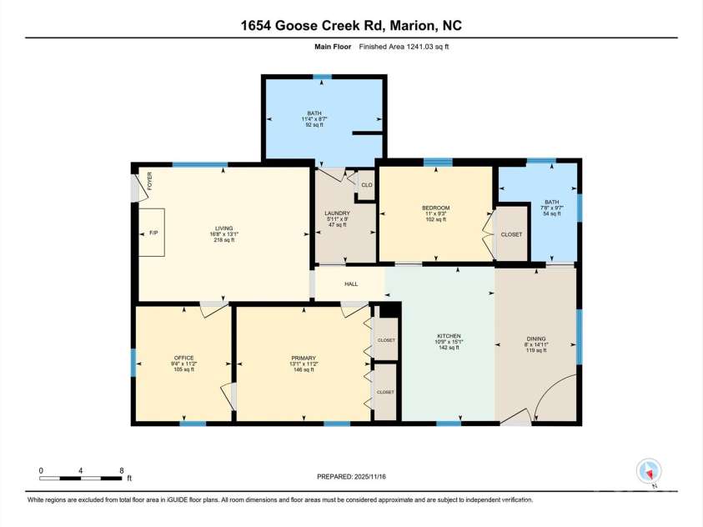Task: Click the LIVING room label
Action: point(221,228)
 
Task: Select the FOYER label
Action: point(150,181)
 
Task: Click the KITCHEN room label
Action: point(449,336)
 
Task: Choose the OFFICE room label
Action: point(183,358)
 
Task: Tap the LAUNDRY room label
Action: point(337,213)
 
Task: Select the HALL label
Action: point(351,284)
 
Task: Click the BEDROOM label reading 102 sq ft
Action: point(435,208)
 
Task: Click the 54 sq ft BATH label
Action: point(552,202)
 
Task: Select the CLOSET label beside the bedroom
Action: point(511,234)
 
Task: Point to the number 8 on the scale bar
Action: point(122,470)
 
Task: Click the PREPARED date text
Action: point(351,476)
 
